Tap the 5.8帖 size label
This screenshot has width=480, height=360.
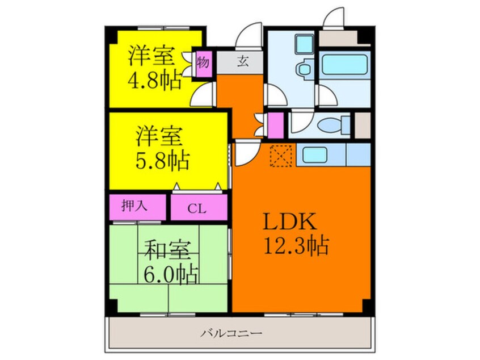[x=162, y=161]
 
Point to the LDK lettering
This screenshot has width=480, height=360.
[x=289, y=221]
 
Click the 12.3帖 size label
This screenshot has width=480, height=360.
[x=296, y=245]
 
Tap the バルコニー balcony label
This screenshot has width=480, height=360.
[x=231, y=333]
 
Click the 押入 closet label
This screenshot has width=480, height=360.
[x=134, y=206]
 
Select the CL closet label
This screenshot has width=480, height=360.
[x=197, y=209]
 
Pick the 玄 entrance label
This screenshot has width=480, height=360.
[x=242, y=61]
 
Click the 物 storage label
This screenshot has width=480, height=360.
[x=203, y=62]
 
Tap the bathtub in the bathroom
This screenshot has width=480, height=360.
[x=345, y=64]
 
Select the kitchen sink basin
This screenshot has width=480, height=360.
[x=315, y=155]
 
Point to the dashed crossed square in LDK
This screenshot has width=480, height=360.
[x=281, y=156]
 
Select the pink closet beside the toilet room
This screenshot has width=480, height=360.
[x=276, y=125]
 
